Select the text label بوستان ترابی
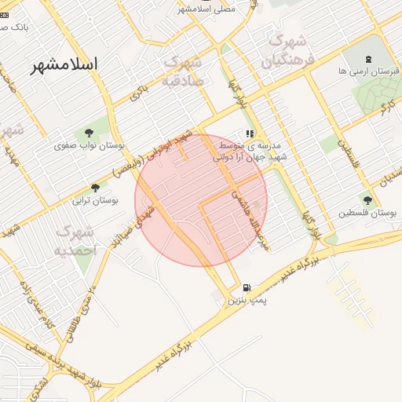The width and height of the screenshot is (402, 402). pyautogui.click(x=95, y=200)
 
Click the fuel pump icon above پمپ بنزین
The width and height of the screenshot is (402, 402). pyautogui.click(x=248, y=288)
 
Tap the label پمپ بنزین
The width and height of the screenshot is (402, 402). pyautogui.click(x=247, y=301)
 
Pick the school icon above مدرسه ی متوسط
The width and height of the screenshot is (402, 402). pyautogui.click(x=250, y=134)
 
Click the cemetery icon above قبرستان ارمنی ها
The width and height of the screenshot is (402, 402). pyautogui.click(x=368, y=58)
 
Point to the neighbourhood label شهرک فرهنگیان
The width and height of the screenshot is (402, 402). pyautogui.click(x=286, y=49)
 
